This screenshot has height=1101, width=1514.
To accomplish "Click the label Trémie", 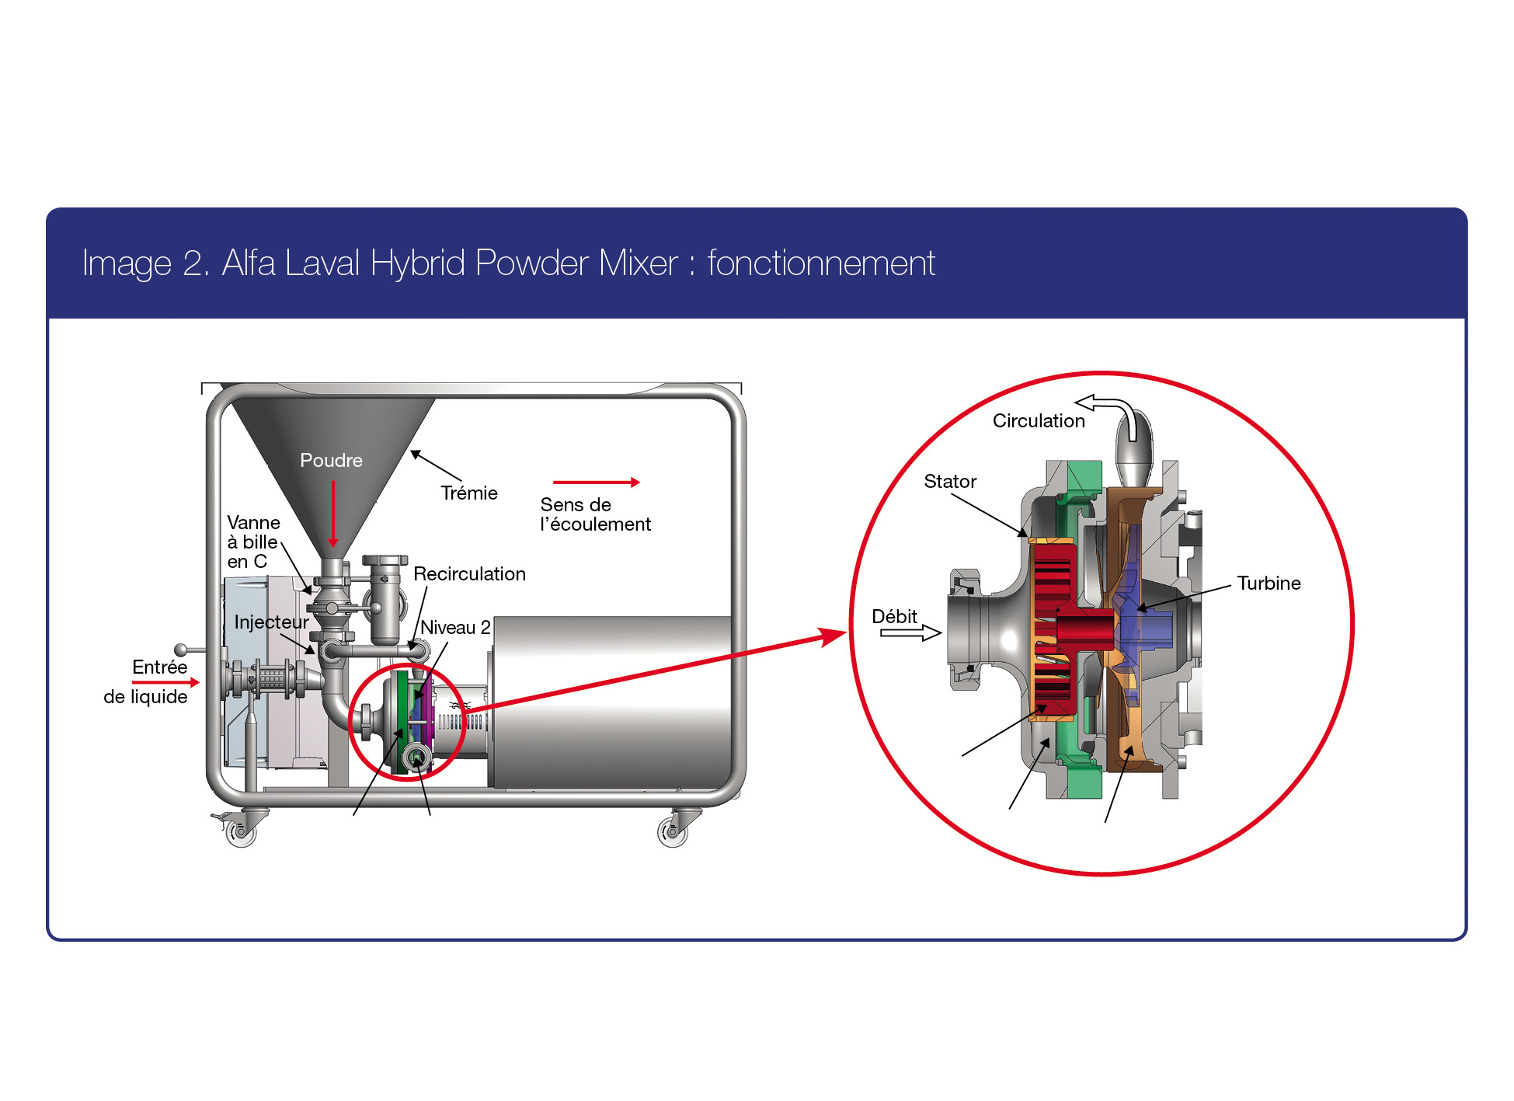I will click(468, 493).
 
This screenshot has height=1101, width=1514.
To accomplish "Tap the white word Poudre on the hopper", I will click(331, 461).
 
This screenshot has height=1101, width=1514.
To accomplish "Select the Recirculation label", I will click(469, 574).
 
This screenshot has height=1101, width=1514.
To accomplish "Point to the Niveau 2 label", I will click(455, 628).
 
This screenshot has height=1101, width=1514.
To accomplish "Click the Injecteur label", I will click(271, 622).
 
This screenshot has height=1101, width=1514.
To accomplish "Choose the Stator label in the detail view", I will click(949, 482).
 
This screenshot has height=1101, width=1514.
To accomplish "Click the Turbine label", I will click(1268, 584).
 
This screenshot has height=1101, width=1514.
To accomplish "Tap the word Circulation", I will click(1038, 421).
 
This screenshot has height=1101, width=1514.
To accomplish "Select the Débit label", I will click(894, 617).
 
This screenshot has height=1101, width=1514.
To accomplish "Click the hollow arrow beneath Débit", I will click(910, 633).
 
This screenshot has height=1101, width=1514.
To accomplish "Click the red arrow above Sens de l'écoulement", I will click(596, 483).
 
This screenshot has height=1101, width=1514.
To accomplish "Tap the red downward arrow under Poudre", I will click(333, 513).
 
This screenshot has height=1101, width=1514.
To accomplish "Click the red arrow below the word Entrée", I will click(165, 682).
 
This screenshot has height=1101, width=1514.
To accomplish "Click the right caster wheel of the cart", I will click(672, 832).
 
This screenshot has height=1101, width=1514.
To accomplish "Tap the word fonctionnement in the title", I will click(820, 263).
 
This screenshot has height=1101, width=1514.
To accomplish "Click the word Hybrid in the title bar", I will click(418, 263).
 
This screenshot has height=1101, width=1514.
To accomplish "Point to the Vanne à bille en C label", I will click(252, 542).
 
